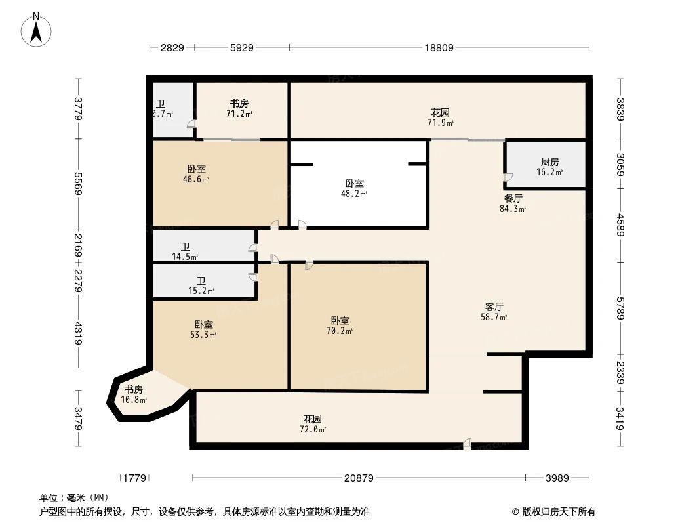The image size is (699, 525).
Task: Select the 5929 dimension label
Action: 242,48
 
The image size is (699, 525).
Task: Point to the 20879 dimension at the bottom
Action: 359,478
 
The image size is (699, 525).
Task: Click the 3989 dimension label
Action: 557,478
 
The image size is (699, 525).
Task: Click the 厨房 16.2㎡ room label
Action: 549,167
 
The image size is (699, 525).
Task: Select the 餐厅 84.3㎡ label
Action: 513,203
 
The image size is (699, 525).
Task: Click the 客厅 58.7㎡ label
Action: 494,311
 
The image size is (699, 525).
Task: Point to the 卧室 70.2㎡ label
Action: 340,325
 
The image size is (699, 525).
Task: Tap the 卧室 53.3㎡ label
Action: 203,329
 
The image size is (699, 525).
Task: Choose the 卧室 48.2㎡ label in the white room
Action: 355,188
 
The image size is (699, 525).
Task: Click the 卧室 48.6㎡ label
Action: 196,173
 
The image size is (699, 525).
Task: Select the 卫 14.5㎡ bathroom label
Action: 186,251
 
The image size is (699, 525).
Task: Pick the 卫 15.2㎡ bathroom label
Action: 201,285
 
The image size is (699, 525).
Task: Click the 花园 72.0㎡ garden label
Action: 313,424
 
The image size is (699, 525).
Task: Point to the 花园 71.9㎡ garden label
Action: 441,117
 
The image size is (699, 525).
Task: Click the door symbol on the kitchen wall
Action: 508,178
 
